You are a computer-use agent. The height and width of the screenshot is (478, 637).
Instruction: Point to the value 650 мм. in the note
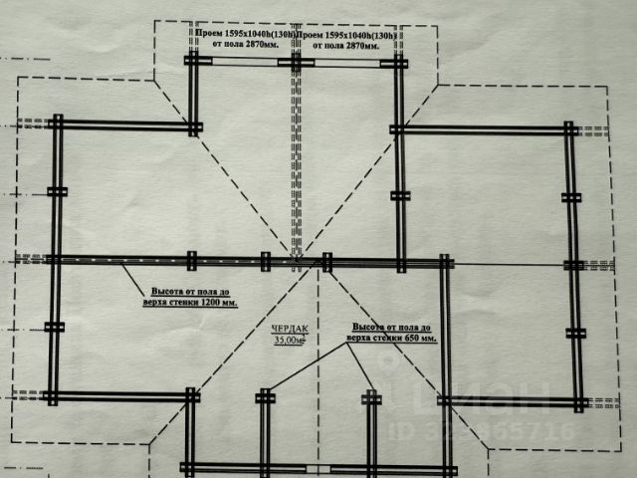416,339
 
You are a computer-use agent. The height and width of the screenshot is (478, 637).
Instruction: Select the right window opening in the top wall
344,62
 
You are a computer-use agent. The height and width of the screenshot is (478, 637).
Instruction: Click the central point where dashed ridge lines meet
297,261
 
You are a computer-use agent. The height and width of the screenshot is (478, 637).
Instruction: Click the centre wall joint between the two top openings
297,62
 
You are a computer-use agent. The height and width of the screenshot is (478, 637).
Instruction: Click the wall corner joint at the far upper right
569,129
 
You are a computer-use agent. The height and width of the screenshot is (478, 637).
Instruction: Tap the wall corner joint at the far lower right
578,401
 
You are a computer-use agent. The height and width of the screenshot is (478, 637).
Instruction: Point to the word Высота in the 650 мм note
368,327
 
